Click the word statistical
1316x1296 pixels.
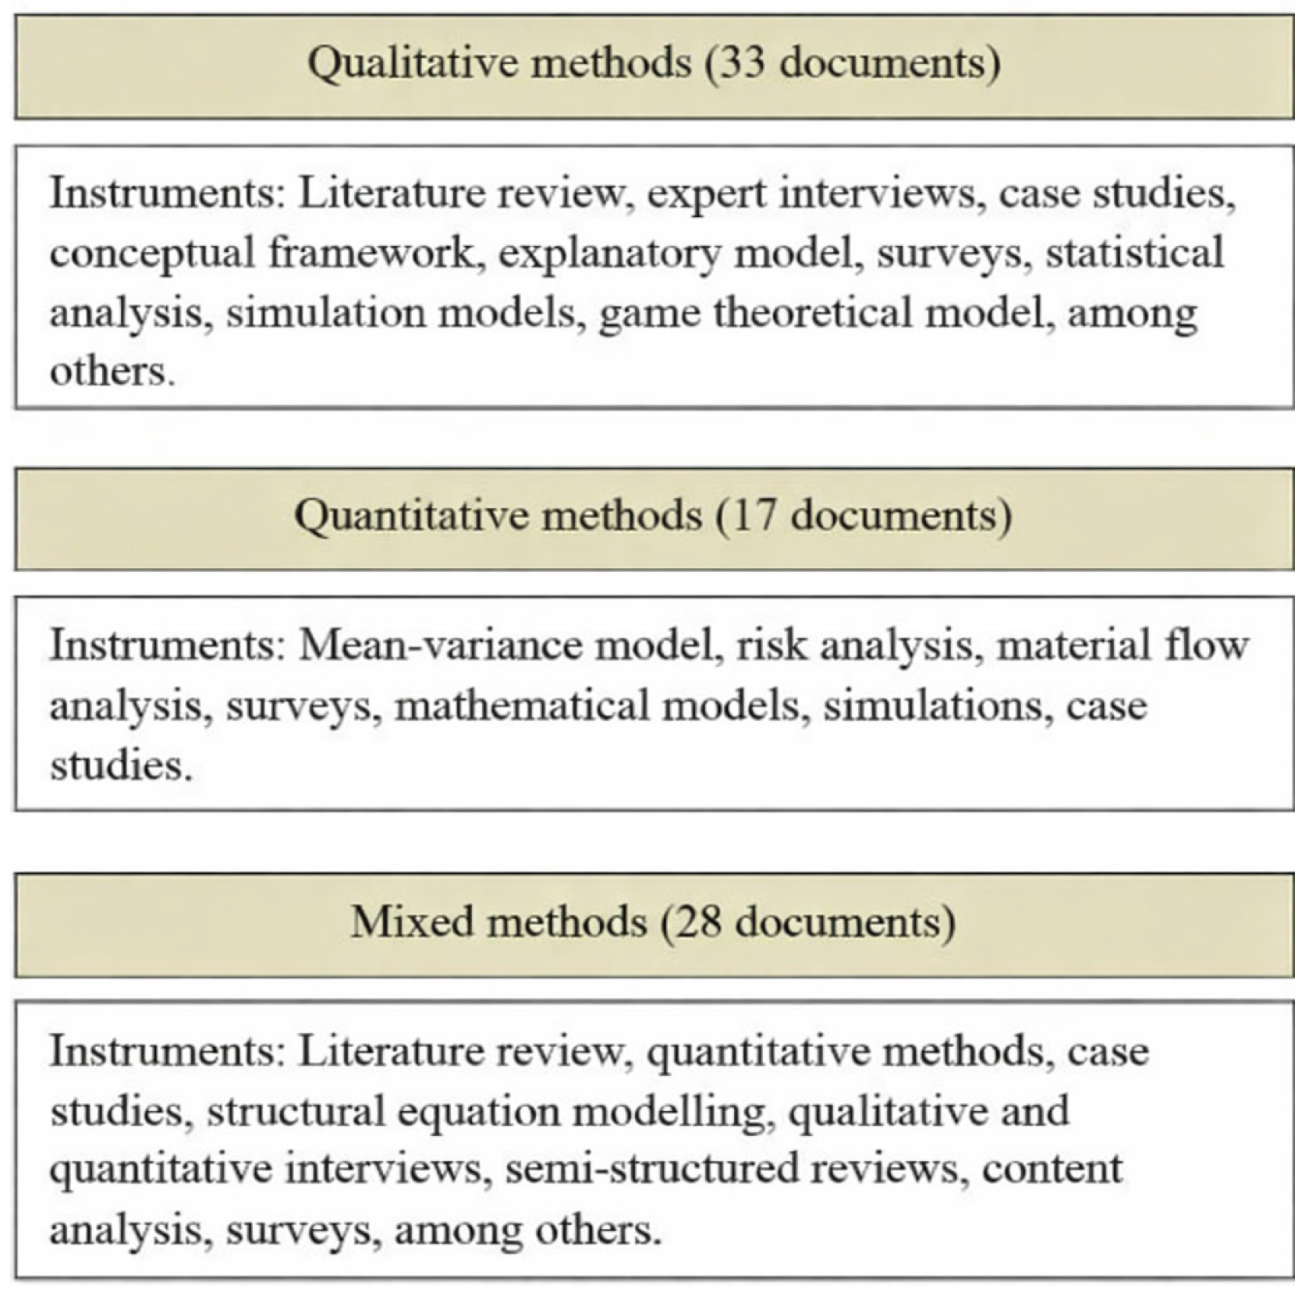(1135, 254)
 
